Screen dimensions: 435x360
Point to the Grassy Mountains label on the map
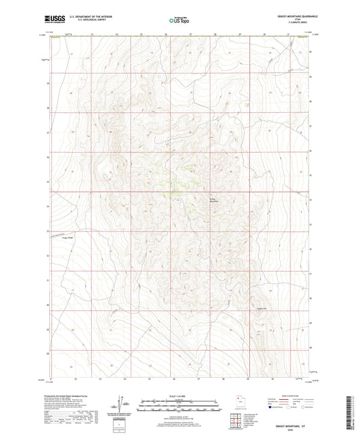click(x=214, y=199)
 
